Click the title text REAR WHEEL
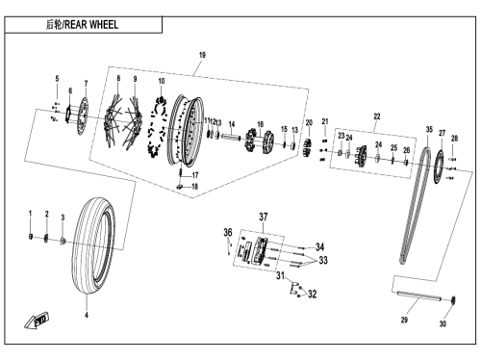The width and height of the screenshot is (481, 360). pyautogui.click(x=91, y=25)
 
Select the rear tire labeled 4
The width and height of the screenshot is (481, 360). pyautogui.click(x=93, y=245)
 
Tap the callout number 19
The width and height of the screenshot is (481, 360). pyautogui.click(x=202, y=55)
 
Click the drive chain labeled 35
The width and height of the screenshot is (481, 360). pyautogui.click(x=415, y=205)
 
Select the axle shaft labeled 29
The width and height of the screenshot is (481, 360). pyautogui.click(x=419, y=296)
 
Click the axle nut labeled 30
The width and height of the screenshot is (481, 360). pyautogui.click(x=453, y=300)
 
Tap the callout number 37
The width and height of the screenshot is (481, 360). pyautogui.click(x=264, y=217)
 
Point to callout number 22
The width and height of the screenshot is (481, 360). pyautogui.click(x=377, y=116)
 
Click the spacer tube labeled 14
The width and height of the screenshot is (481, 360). pyautogui.click(x=231, y=137)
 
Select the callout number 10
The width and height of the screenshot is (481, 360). pyautogui.click(x=162, y=81)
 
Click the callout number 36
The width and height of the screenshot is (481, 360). pyautogui.click(x=228, y=232)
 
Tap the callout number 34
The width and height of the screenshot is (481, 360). pyautogui.click(x=319, y=246)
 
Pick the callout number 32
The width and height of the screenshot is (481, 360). pyautogui.click(x=313, y=294)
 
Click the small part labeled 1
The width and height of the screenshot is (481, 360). pyautogui.click(x=31, y=237)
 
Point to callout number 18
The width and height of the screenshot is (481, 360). pyautogui.click(x=194, y=187)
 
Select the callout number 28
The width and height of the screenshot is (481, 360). pyautogui.click(x=454, y=139)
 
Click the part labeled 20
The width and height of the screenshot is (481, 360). pyautogui.click(x=308, y=148)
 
